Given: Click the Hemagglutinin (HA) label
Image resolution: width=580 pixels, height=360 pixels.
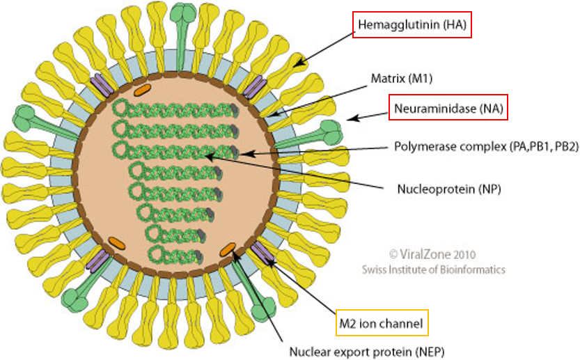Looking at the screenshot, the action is [x=412, y=25].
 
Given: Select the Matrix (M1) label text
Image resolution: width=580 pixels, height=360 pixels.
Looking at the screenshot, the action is [x=402, y=79].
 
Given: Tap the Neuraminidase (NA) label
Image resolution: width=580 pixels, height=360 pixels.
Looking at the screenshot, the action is [x=448, y=109].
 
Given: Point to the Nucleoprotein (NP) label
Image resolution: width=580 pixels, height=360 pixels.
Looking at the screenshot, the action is [x=449, y=189].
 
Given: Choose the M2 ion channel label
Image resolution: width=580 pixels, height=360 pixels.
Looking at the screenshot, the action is [x=381, y=324].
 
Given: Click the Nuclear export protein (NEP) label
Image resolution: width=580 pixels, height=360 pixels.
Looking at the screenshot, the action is [x=366, y=352].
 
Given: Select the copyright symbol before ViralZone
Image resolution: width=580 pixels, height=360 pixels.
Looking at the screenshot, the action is [x=393, y=254].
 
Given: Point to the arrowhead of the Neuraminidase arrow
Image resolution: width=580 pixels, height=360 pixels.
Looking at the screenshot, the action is [x=352, y=118].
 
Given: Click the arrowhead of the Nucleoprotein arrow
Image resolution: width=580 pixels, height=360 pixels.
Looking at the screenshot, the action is [x=209, y=157].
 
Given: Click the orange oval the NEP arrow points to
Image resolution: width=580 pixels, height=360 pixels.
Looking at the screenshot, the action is [x=228, y=250].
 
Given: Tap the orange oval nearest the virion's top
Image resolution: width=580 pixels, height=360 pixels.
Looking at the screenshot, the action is [x=142, y=90].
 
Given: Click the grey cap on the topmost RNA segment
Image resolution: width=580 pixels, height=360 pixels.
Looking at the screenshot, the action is [x=234, y=109].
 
